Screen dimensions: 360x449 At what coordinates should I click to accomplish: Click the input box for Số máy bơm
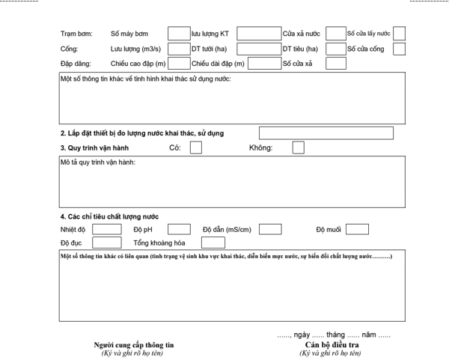[178, 34]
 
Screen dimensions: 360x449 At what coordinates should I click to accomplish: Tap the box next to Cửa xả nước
[336, 34]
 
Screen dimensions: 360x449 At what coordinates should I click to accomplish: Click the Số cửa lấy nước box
[400, 34]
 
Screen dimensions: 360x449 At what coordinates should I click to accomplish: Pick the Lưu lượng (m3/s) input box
[178, 49]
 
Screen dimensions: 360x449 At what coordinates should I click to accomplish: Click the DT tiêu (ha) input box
[336, 49]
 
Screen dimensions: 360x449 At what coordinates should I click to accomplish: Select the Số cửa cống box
[400, 49]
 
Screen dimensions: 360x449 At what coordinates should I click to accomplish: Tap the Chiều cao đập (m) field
[178, 64]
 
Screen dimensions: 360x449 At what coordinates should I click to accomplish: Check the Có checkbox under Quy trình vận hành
[196, 147]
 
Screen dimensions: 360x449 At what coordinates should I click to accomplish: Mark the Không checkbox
[298, 147]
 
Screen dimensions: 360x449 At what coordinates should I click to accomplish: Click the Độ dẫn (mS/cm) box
[269, 229]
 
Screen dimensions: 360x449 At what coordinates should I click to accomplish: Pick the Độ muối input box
[357, 229]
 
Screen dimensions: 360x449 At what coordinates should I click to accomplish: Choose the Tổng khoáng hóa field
[213, 242]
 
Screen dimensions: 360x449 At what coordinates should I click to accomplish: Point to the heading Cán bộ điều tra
[330, 344]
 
